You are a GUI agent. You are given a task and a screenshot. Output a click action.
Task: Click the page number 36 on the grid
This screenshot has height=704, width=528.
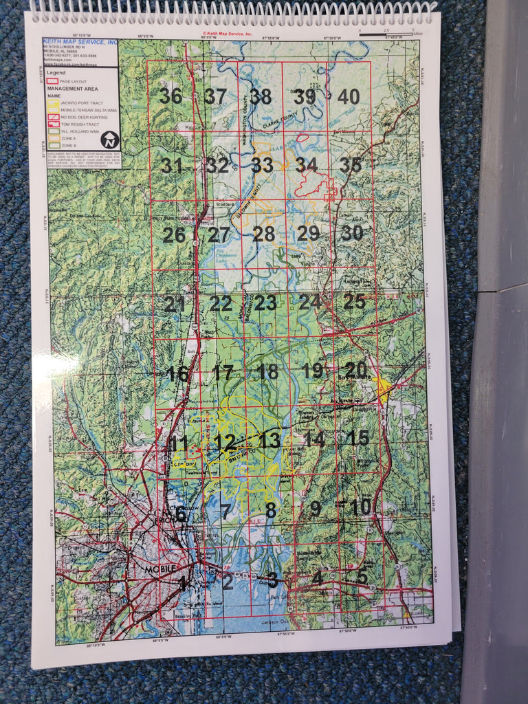pyautogui.click(x=170, y=96)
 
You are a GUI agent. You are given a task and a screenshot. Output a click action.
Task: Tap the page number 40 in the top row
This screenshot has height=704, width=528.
pyautogui.click(x=349, y=97)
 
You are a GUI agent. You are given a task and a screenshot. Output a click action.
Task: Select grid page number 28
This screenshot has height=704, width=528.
pyautogui.click(x=263, y=234)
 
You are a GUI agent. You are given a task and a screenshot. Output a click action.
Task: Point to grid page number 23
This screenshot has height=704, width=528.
pyautogui.click(x=265, y=302)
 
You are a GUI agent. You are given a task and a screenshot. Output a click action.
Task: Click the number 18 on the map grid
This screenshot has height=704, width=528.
pyautogui.click(x=267, y=372)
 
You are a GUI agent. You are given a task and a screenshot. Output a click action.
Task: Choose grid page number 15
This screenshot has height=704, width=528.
pyautogui.click(x=358, y=437)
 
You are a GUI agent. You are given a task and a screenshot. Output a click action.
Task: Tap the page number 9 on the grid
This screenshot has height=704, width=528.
pyautogui.click(x=316, y=509)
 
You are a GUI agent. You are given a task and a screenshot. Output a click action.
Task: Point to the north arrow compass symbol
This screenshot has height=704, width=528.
pyautogui.click(x=110, y=140)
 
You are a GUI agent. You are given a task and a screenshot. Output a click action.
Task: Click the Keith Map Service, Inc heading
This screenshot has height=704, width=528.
pyautogui.click(x=80, y=43)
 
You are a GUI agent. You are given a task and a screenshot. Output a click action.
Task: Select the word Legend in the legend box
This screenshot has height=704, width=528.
pyautogui.click(x=56, y=72)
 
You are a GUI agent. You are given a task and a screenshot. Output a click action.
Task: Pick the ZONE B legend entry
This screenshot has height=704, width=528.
pyautogui.click(x=69, y=145)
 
